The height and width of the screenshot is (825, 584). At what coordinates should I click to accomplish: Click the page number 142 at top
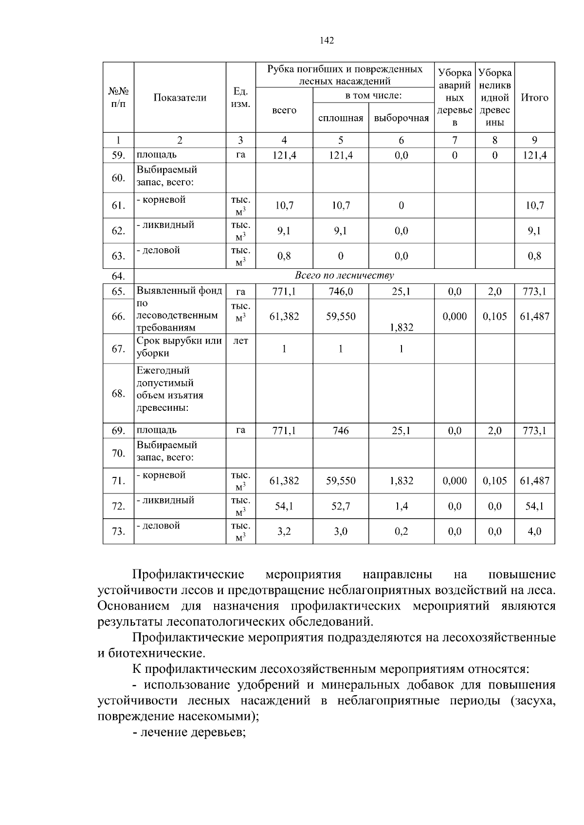(x=327, y=41)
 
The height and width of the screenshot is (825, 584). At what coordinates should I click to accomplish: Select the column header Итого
(x=534, y=98)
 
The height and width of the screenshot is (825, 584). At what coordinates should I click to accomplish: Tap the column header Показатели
(x=180, y=98)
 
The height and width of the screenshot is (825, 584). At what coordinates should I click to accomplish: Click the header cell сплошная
(x=341, y=118)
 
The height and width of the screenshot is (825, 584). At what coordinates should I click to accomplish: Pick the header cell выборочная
(x=401, y=118)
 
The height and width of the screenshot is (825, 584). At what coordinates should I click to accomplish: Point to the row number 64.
(x=118, y=276)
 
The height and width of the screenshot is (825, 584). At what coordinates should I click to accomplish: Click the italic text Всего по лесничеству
(x=344, y=276)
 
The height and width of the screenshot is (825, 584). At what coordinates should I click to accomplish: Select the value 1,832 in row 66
(x=401, y=328)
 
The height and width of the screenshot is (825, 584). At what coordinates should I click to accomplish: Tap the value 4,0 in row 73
(x=534, y=531)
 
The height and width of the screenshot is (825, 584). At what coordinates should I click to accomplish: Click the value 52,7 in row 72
(x=341, y=506)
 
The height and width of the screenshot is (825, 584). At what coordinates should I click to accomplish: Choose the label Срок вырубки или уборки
(x=179, y=347)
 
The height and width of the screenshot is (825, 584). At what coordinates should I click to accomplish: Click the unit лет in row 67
(x=240, y=341)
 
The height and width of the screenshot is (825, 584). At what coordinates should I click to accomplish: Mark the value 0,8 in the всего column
(x=284, y=256)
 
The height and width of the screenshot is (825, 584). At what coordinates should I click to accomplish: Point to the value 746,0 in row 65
(x=341, y=292)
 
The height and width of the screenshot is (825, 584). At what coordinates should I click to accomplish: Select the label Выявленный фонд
(x=179, y=291)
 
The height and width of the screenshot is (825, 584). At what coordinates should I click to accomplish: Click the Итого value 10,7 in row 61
(x=534, y=206)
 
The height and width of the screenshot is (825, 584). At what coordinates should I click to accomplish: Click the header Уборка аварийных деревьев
(x=455, y=98)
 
